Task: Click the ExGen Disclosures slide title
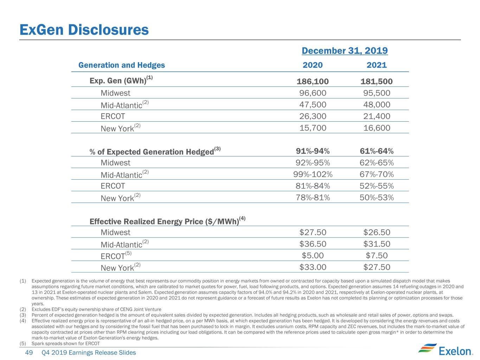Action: [84, 30]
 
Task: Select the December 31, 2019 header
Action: [345, 51]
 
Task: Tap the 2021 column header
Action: [377, 65]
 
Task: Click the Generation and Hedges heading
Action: [122, 65]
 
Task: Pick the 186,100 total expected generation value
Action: [313, 82]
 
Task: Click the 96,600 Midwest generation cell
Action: [313, 93]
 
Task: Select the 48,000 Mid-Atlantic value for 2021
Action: [377, 105]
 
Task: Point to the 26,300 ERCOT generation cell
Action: [313, 116]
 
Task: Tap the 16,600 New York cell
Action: [377, 128]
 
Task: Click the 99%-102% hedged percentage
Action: [313, 174]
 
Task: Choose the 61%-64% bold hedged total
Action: [377, 151]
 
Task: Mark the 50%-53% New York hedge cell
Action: [377, 198]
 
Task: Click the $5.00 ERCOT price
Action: [313, 256]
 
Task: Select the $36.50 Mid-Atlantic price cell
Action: [313, 244]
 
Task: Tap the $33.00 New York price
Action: [313, 267]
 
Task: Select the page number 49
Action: [29, 353]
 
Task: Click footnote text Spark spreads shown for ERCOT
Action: [66, 343]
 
